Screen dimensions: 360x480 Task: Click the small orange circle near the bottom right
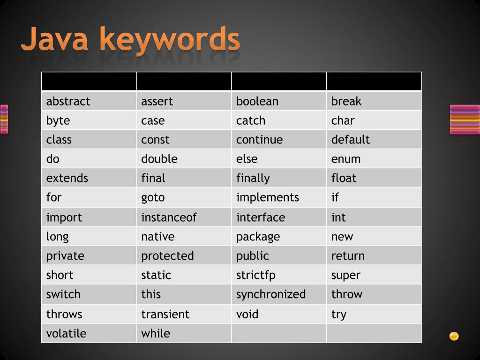454,336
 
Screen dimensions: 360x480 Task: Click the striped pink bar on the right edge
465,120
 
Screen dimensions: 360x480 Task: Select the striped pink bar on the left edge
4,119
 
